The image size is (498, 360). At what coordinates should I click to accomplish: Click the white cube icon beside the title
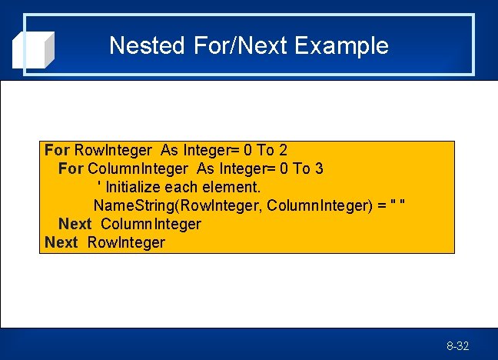[x=34, y=50]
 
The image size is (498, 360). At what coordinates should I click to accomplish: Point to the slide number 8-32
[x=457, y=346]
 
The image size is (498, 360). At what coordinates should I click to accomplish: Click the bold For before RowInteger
[x=57, y=150]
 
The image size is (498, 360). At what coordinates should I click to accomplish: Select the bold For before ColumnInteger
[x=71, y=168]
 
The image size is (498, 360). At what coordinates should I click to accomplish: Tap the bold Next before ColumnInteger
[x=75, y=224]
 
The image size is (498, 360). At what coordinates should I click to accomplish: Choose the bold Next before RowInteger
[x=61, y=242]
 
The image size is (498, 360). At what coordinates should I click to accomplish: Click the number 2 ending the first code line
[x=284, y=150]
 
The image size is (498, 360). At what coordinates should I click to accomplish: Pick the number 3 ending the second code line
[x=319, y=168]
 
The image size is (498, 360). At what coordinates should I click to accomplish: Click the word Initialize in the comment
[x=134, y=187]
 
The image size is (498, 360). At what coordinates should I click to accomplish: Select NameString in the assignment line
[x=127, y=205]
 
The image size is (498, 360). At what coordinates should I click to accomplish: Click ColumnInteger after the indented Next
[x=151, y=224]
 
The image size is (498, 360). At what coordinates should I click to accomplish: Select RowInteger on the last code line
[x=126, y=242]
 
